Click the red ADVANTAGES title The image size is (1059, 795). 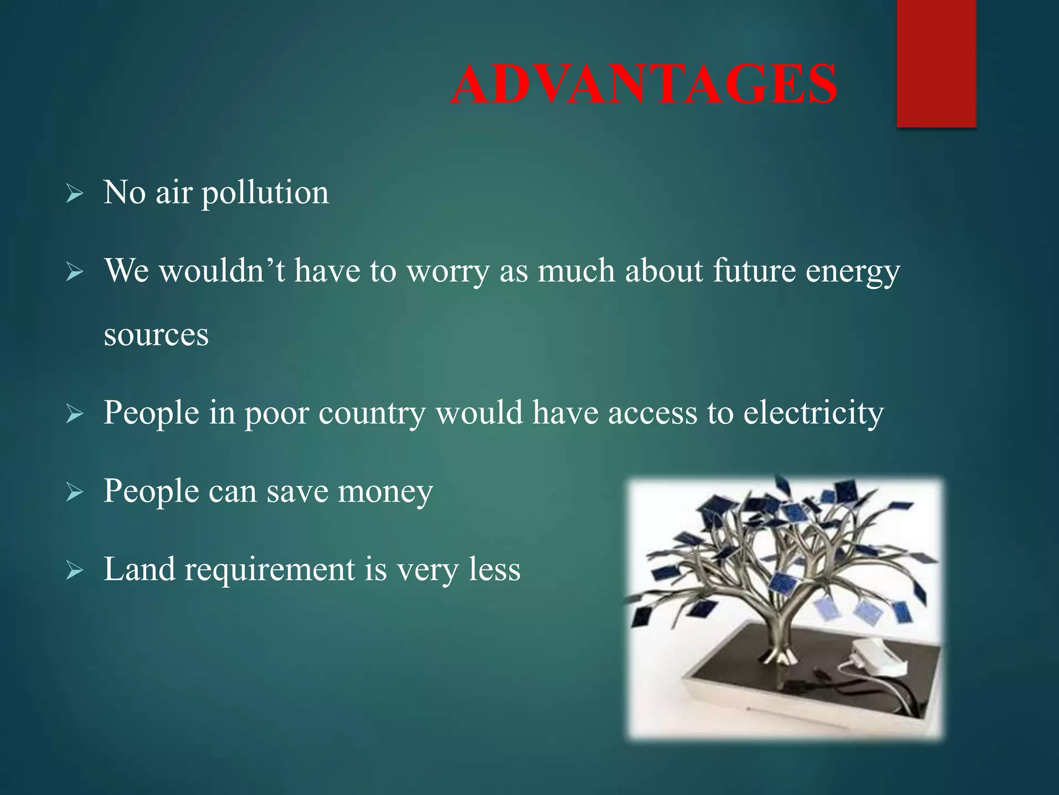[643, 84]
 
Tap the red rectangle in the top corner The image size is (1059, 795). [936, 62]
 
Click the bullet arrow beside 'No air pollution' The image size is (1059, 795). [75, 195]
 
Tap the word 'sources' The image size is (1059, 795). [156, 335]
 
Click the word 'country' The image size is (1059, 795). [372, 414]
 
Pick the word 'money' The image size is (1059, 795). [385, 492]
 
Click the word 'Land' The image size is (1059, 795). [139, 569]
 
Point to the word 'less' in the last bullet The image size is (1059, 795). [494, 569]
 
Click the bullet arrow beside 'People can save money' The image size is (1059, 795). [75, 493]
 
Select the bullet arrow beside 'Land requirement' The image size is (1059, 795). [75, 571]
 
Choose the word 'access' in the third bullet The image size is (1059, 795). [652, 414]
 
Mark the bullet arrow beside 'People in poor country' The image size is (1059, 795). [75, 415]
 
